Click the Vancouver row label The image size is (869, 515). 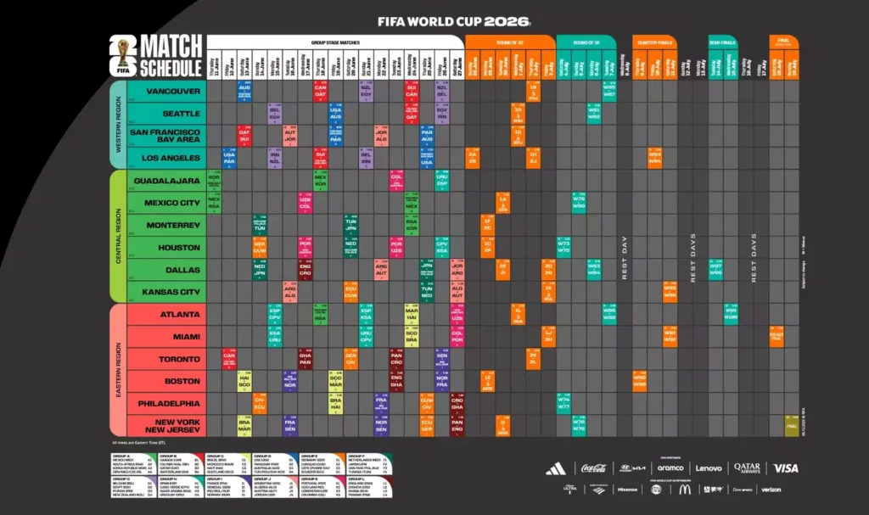(172, 91)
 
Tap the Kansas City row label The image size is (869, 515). (171, 292)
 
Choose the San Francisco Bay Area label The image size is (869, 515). (165, 136)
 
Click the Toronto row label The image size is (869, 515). (180, 359)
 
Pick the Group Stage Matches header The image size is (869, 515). (334, 40)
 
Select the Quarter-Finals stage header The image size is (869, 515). (654, 41)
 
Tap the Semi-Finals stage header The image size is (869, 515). (723, 41)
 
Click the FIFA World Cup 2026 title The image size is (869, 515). (453, 20)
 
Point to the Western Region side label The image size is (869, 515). (118, 124)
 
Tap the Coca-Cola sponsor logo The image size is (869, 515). (594, 468)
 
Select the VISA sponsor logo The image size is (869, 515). (786, 468)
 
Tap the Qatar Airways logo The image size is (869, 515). (748, 468)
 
